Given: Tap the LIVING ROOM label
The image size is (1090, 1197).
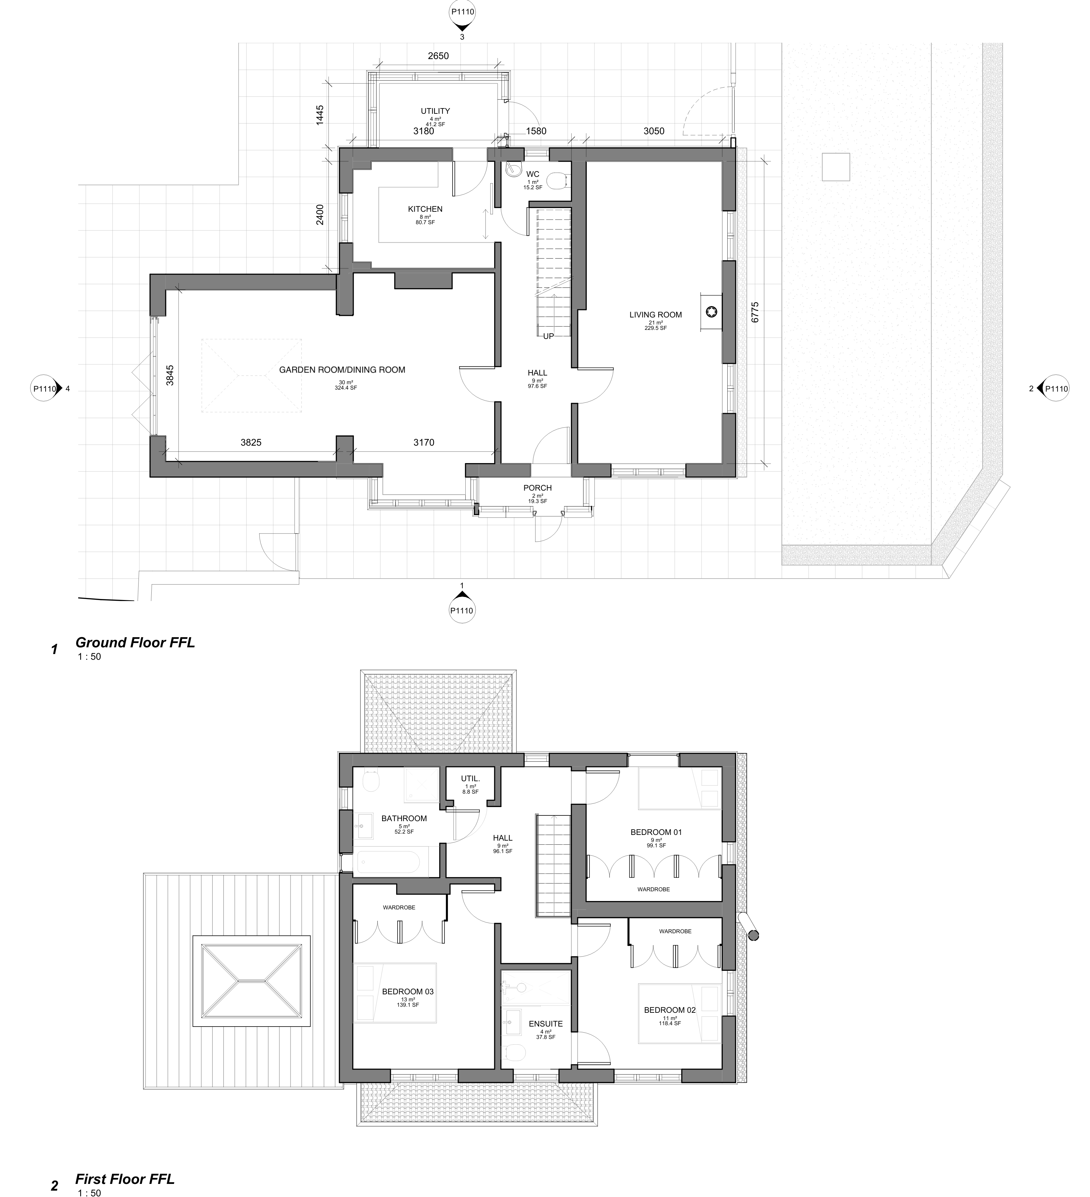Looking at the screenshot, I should coord(656,315).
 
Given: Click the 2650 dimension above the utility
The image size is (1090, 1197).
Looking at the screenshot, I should coord(438,56).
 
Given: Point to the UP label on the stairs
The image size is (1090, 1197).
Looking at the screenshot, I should coord(548,336).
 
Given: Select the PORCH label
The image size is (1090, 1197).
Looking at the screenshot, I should coord(537,488).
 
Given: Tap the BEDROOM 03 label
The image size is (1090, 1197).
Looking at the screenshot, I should coord(407,992).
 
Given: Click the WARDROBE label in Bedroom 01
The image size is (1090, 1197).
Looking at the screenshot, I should coord(653,889).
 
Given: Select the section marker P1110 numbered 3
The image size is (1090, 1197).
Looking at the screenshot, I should coord(463,13).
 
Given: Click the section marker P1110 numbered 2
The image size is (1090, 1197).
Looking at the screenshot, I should coord(1055,389).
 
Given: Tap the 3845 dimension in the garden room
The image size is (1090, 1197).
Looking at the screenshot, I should coord(170,375).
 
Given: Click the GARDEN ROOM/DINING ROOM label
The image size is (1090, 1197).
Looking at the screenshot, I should coord(342,370).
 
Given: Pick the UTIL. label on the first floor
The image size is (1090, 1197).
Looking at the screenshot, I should coord(470,779).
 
